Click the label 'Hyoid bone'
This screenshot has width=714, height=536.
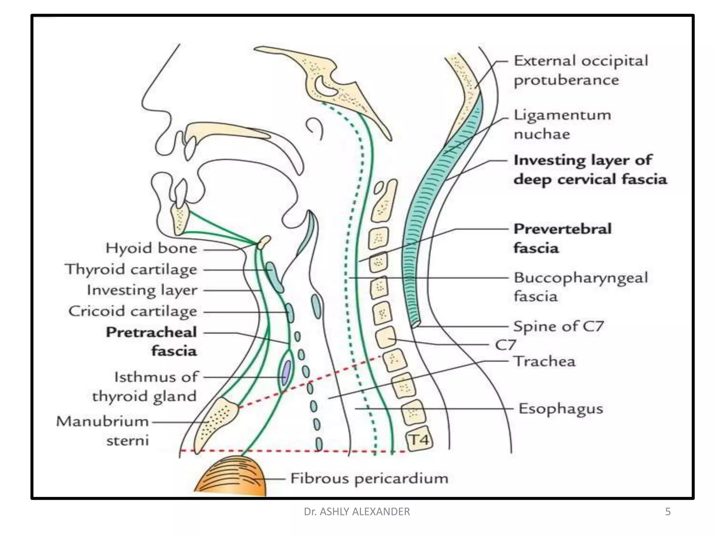point(151,248)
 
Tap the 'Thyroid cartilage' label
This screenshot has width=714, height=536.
point(131,269)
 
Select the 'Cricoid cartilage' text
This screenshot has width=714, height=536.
point(132,311)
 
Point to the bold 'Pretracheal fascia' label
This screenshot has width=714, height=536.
point(151,341)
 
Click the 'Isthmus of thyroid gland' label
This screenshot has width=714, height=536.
point(145,387)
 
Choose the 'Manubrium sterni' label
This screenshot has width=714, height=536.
point(102,431)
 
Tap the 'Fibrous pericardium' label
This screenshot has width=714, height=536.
point(369,478)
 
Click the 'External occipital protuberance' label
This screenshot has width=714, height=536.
point(581,70)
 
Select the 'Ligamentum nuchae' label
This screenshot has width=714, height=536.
point(562,124)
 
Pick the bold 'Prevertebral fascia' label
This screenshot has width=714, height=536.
point(562,238)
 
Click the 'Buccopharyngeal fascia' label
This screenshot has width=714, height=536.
point(580,287)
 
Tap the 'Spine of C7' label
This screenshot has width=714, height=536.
point(558,326)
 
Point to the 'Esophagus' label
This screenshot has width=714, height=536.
point(561,409)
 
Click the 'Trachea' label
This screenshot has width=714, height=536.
point(545,362)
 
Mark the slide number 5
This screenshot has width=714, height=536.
point(668,512)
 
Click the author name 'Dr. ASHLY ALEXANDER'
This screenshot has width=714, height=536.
point(357,512)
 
